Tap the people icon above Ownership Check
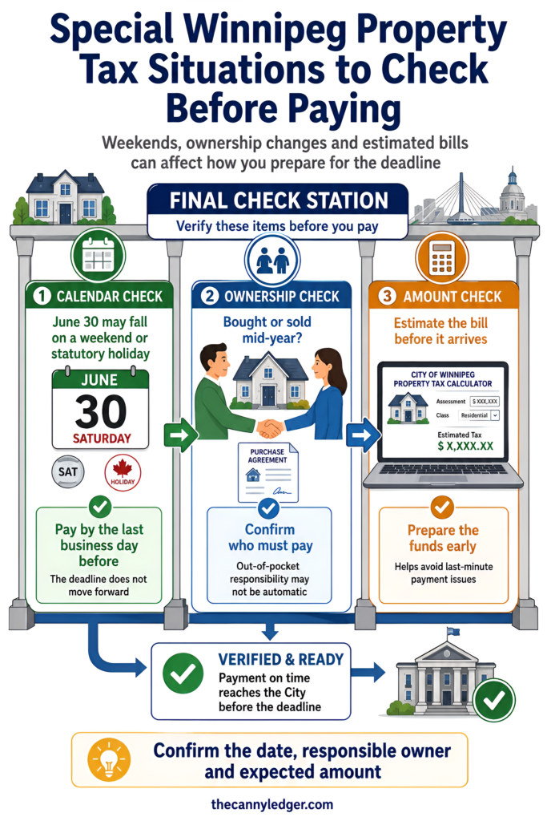point(272,261)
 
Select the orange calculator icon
point(442,257)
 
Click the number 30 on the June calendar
point(100,411)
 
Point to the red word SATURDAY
point(102,439)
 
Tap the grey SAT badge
point(68,471)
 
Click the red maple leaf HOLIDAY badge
point(123,473)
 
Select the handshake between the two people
point(269,428)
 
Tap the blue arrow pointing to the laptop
point(364,435)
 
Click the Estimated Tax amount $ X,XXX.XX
point(465,446)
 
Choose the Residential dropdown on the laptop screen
point(479,415)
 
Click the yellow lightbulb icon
point(109,760)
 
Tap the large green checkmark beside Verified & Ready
point(183,673)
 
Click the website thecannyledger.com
point(272,804)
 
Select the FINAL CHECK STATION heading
point(279,200)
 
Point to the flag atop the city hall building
point(452,632)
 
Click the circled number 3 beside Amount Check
point(387,297)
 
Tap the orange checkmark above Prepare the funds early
point(442,507)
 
